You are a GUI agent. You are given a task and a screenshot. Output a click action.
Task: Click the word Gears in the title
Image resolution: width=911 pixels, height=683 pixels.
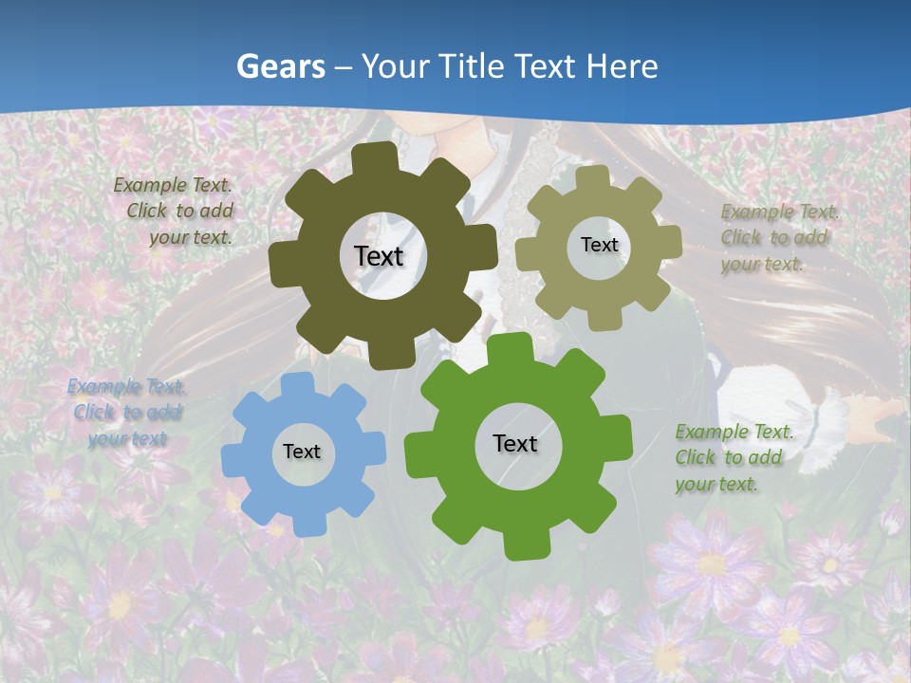click(281, 66)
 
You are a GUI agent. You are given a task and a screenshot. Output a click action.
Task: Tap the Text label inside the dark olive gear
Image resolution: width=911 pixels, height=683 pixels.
click(379, 256)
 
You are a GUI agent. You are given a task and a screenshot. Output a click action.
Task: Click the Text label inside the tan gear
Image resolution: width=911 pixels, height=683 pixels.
click(599, 245)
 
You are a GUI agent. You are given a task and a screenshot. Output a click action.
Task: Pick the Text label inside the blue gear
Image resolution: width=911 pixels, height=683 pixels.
click(302, 452)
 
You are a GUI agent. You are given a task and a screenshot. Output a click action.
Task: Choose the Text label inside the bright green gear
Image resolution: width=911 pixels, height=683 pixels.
click(515, 443)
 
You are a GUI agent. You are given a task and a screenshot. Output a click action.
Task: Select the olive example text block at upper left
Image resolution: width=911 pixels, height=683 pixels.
click(175, 212)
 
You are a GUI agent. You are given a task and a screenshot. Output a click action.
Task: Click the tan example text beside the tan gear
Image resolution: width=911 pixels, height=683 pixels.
click(778, 238)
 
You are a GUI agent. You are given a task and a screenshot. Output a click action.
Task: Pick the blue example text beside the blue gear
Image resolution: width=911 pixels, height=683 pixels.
click(126, 413)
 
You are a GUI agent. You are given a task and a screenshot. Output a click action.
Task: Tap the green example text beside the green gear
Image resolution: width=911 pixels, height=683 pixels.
click(733, 458)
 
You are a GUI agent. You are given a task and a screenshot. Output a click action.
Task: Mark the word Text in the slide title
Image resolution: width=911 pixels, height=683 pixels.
click(547, 66)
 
